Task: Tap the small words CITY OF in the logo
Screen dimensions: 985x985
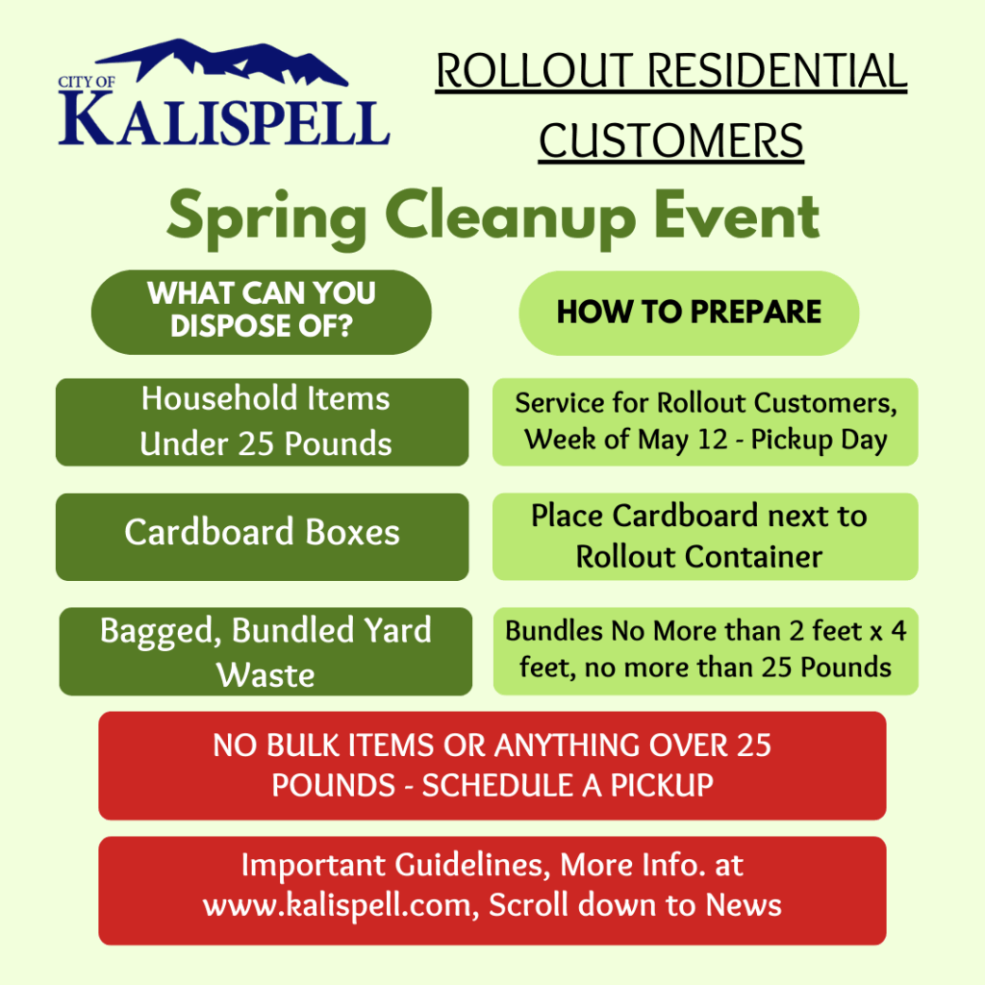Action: point(87,83)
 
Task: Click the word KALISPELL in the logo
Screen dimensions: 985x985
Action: point(224,120)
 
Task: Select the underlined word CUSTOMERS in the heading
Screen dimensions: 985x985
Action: point(670,140)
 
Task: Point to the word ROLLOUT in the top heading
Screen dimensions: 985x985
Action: point(535,71)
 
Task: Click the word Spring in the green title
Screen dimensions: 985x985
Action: point(267,219)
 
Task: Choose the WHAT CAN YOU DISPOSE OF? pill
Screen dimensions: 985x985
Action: point(262,313)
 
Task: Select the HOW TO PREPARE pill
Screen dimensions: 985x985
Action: point(689,313)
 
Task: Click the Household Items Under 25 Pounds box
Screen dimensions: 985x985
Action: point(262,422)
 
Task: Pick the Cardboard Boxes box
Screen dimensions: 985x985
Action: point(262,537)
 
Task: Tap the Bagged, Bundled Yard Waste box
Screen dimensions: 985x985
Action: point(265,651)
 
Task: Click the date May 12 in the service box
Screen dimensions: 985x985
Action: point(683,440)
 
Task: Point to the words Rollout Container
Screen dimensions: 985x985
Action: point(699,557)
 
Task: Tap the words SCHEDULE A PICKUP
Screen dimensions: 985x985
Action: point(568,785)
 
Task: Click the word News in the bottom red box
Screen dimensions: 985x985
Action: point(744,905)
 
